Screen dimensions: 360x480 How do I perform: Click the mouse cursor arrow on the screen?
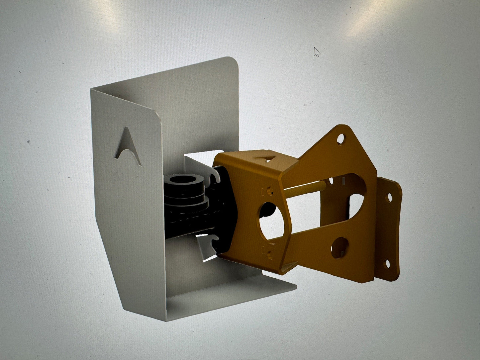(317, 52)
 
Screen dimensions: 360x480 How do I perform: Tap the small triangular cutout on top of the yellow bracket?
(265, 158)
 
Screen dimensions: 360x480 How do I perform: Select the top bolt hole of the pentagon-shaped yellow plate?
(340, 139)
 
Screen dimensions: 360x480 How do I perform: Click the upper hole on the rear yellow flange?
(388, 199)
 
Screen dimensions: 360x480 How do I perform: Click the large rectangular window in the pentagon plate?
(316, 213)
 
